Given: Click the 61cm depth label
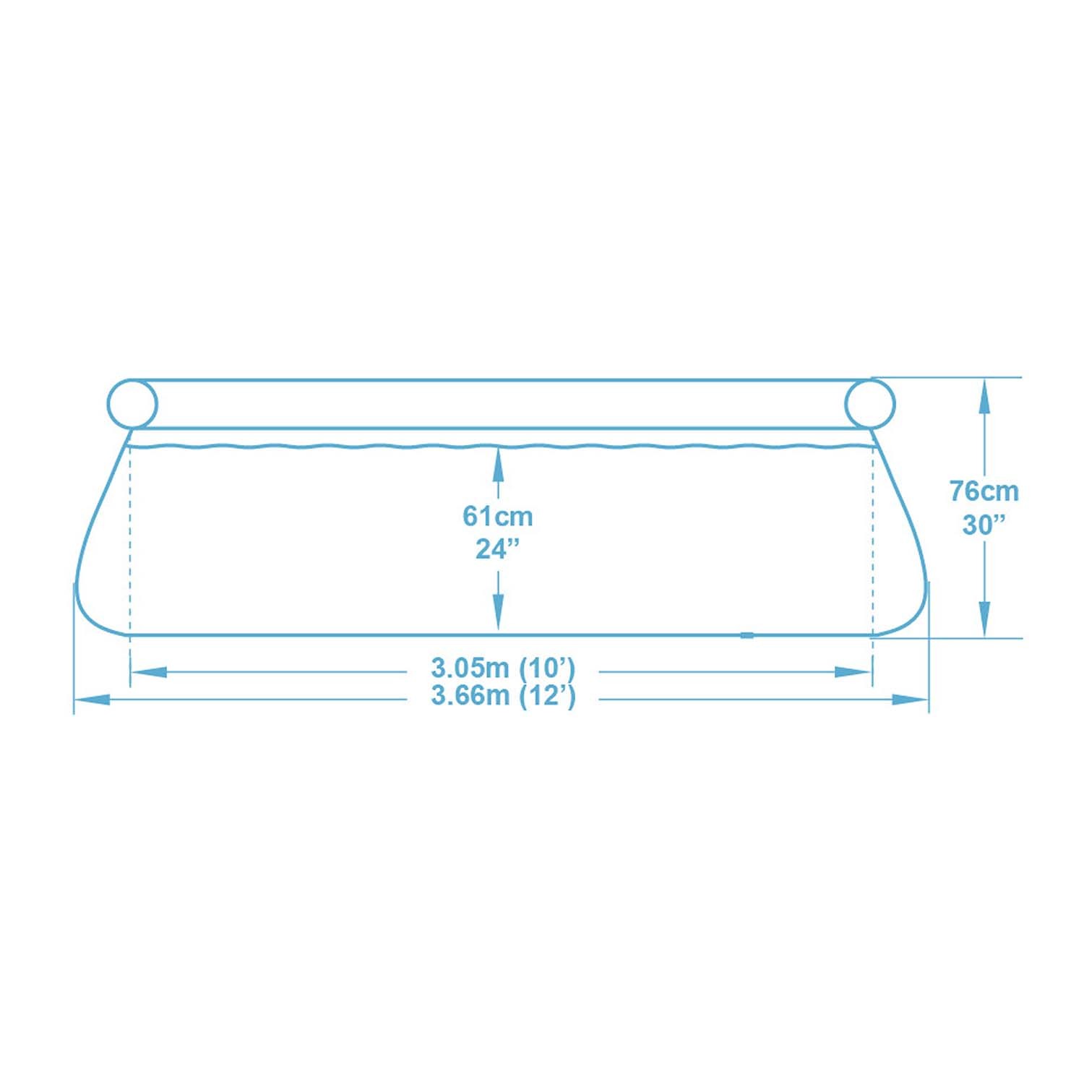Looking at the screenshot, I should (x=498, y=517).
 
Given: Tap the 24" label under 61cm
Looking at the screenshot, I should (x=498, y=549).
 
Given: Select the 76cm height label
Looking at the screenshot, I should (x=984, y=491).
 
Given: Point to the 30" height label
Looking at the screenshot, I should (x=984, y=525).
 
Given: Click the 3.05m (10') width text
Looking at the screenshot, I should (x=503, y=668).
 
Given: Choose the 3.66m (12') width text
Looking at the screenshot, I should (x=503, y=696).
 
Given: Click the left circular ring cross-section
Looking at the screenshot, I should (x=132, y=403).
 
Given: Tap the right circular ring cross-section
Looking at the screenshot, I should (x=870, y=403).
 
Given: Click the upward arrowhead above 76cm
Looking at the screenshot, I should (x=984, y=397).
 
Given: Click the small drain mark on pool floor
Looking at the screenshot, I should (x=747, y=635).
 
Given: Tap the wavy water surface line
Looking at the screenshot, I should (x=361, y=447).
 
